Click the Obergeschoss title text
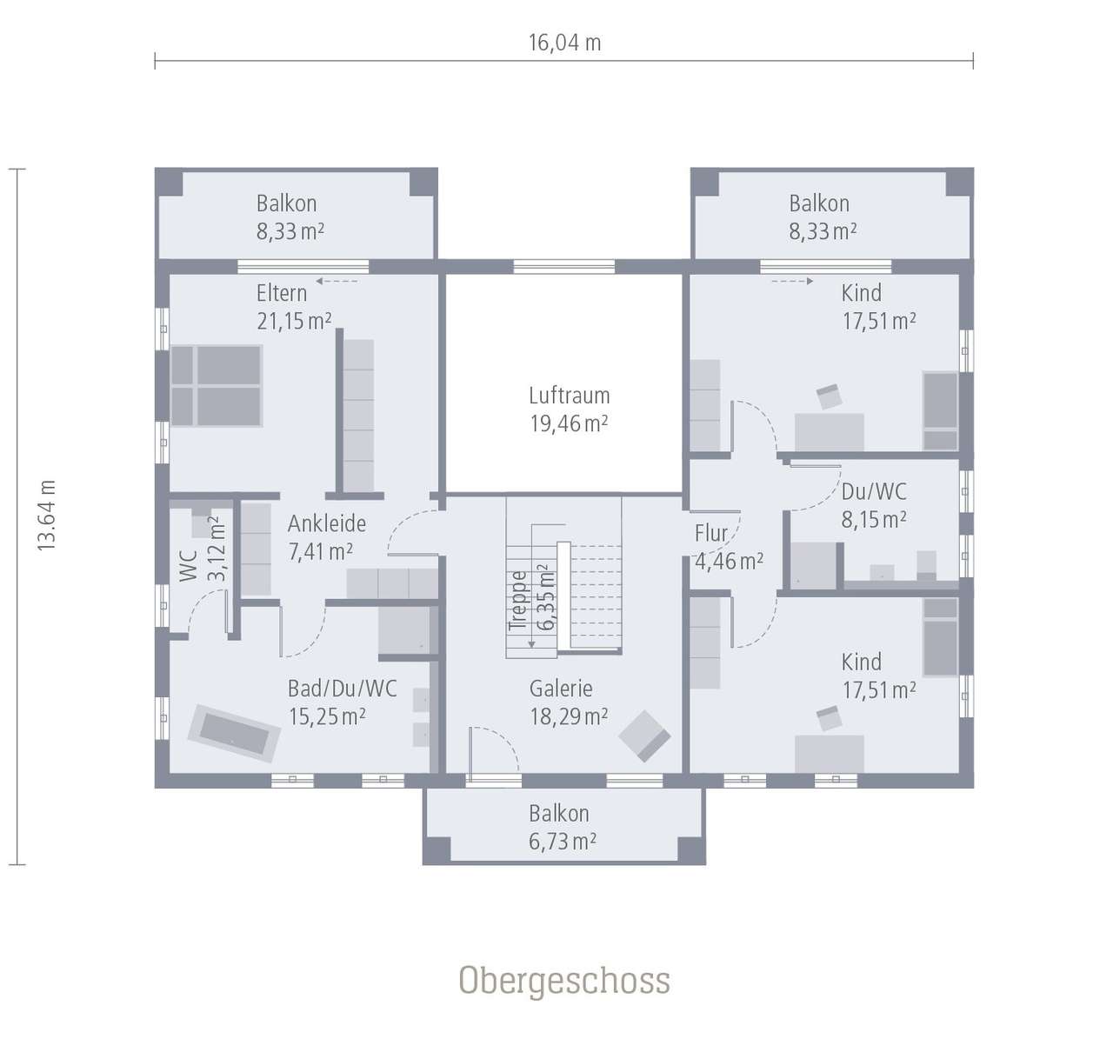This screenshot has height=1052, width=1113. [x=564, y=981]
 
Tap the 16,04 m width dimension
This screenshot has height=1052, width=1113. [x=564, y=43]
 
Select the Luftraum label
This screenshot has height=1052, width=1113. [x=569, y=396]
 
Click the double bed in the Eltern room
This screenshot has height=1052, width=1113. [x=217, y=386]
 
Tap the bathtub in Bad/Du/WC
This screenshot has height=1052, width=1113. [x=234, y=732]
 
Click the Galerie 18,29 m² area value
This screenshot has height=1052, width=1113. [x=569, y=717]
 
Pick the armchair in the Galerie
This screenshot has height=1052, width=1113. [x=644, y=736]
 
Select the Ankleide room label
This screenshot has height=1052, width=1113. [x=327, y=523]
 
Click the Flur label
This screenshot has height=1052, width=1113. [x=711, y=533]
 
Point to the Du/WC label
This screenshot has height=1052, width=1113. [x=874, y=491]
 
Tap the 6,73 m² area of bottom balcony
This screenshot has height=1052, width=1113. [x=563, y=842]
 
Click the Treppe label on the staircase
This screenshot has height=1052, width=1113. [x=518, y=600]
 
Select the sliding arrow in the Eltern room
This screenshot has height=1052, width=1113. [x=337, y=281]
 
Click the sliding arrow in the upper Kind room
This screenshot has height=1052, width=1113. [x=791, y=281]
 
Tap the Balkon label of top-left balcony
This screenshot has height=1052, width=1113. [x=286, y=203]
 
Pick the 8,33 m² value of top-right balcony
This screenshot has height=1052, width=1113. [x=823, y=231]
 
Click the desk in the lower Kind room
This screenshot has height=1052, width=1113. [x=829, y=753]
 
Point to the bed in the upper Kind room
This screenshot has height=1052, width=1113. [x=940, y=410]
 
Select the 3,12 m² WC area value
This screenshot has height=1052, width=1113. [x=217, y=549]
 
